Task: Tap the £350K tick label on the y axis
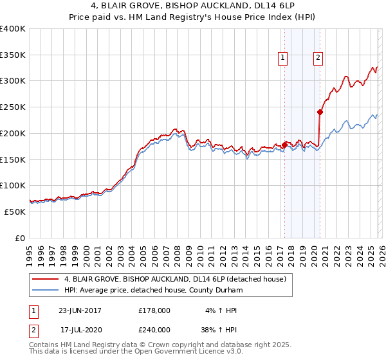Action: [13, 55]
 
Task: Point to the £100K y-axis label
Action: [13, 185]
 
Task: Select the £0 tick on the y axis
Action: [19, 238]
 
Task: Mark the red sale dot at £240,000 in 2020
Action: [320, 112]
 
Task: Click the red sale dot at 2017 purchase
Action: [284, 145]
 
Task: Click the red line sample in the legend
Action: [46, 279]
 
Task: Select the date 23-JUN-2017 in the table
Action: [80, 310]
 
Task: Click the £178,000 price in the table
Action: [154, 310]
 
